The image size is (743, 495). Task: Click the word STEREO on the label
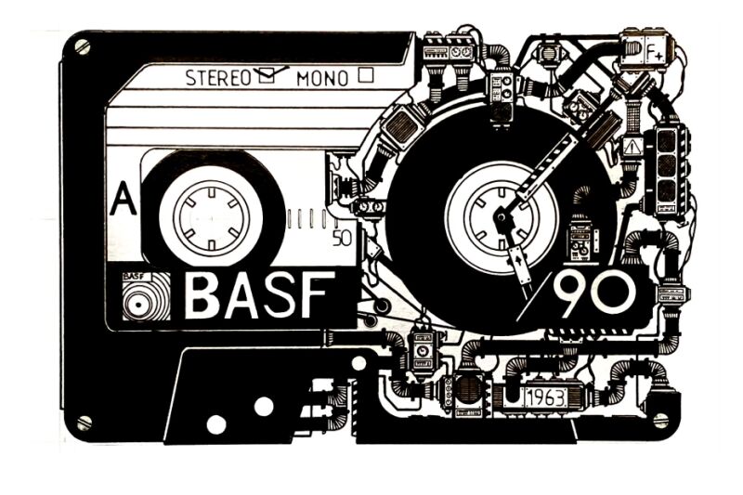coord(217,78)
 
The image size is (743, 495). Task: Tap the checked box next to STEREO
coord(268,77)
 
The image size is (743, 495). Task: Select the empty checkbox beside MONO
coord(365,76)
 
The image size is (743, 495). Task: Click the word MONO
coord(324,78)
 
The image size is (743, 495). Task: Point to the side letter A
coord(119,202)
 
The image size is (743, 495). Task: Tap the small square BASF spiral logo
coord(145,296)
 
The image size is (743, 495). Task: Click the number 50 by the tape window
coord(341,236)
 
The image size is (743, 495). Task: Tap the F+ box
coord(653,46)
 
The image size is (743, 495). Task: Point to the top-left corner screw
coord(82,46)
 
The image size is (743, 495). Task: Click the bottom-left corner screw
coord(84,423)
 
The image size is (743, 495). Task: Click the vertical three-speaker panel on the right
coord(668,167)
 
